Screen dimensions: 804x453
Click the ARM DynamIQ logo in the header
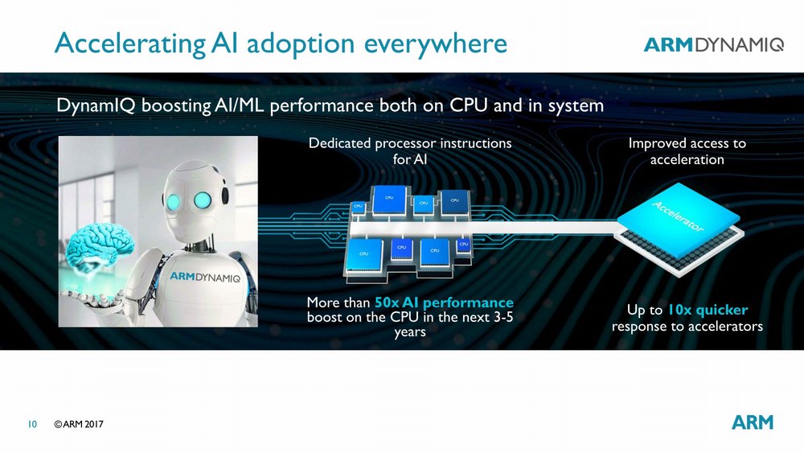[713, 44]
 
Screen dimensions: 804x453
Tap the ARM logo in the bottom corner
[753, 422]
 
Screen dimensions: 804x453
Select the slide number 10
[32, 424]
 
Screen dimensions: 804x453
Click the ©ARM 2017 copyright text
[79, 424]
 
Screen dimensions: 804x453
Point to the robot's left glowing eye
[172, 200]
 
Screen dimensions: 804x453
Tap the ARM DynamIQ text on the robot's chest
[205, 277]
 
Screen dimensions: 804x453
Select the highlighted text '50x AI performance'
[444, 303]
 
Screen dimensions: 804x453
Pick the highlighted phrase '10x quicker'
[708, 310]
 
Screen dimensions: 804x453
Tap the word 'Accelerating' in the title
[129, 44]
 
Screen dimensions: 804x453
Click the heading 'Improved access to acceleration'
[687, 151]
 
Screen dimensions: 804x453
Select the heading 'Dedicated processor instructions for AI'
[410, 150]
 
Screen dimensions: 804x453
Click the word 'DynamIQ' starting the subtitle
[96, 105]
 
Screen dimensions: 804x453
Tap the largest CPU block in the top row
[390, 200]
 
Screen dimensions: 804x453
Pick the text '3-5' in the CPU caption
[503, 317]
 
